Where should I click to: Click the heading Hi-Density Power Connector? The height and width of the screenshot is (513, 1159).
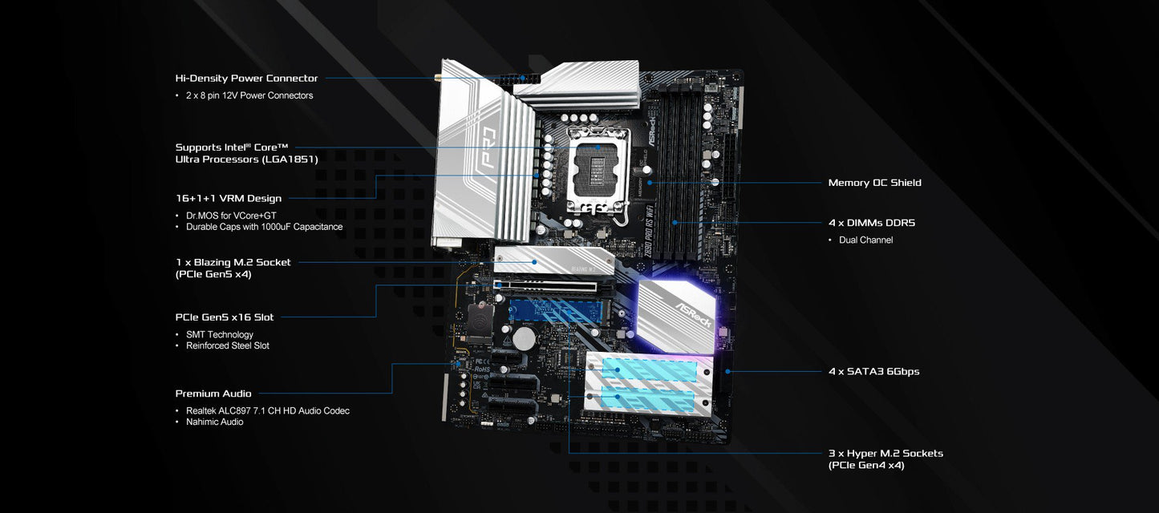(x=246, y=79)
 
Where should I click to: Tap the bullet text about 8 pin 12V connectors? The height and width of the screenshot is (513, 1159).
(x=249, y=95)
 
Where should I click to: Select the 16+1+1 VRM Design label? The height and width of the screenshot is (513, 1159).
(x=229, y=198)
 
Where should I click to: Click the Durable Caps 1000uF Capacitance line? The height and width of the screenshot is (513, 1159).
(x=264, y=227)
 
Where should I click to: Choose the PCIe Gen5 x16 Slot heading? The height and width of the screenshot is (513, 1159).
(x=225, y=317)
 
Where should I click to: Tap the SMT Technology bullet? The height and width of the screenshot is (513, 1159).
(x=220, y=335)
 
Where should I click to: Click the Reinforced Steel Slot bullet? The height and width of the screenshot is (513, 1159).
(x=228, y=346)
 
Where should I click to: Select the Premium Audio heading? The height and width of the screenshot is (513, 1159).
(x=213, y=394)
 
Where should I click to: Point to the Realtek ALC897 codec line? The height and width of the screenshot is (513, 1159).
(x=268, y=411)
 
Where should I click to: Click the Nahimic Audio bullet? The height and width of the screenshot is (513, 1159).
(x=215, y=422)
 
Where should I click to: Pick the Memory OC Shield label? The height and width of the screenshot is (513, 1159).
(x=874, y=183)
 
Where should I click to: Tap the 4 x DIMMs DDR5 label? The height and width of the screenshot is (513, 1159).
(x=871, y=223)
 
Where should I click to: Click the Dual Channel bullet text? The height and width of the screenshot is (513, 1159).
(x=865, y=240)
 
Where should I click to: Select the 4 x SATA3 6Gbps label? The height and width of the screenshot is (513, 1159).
(x=873, y=372)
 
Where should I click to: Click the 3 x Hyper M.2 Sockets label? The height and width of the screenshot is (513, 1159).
(x=885, y=454)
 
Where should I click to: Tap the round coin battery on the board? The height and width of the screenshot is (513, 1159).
(x=525, y=337)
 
